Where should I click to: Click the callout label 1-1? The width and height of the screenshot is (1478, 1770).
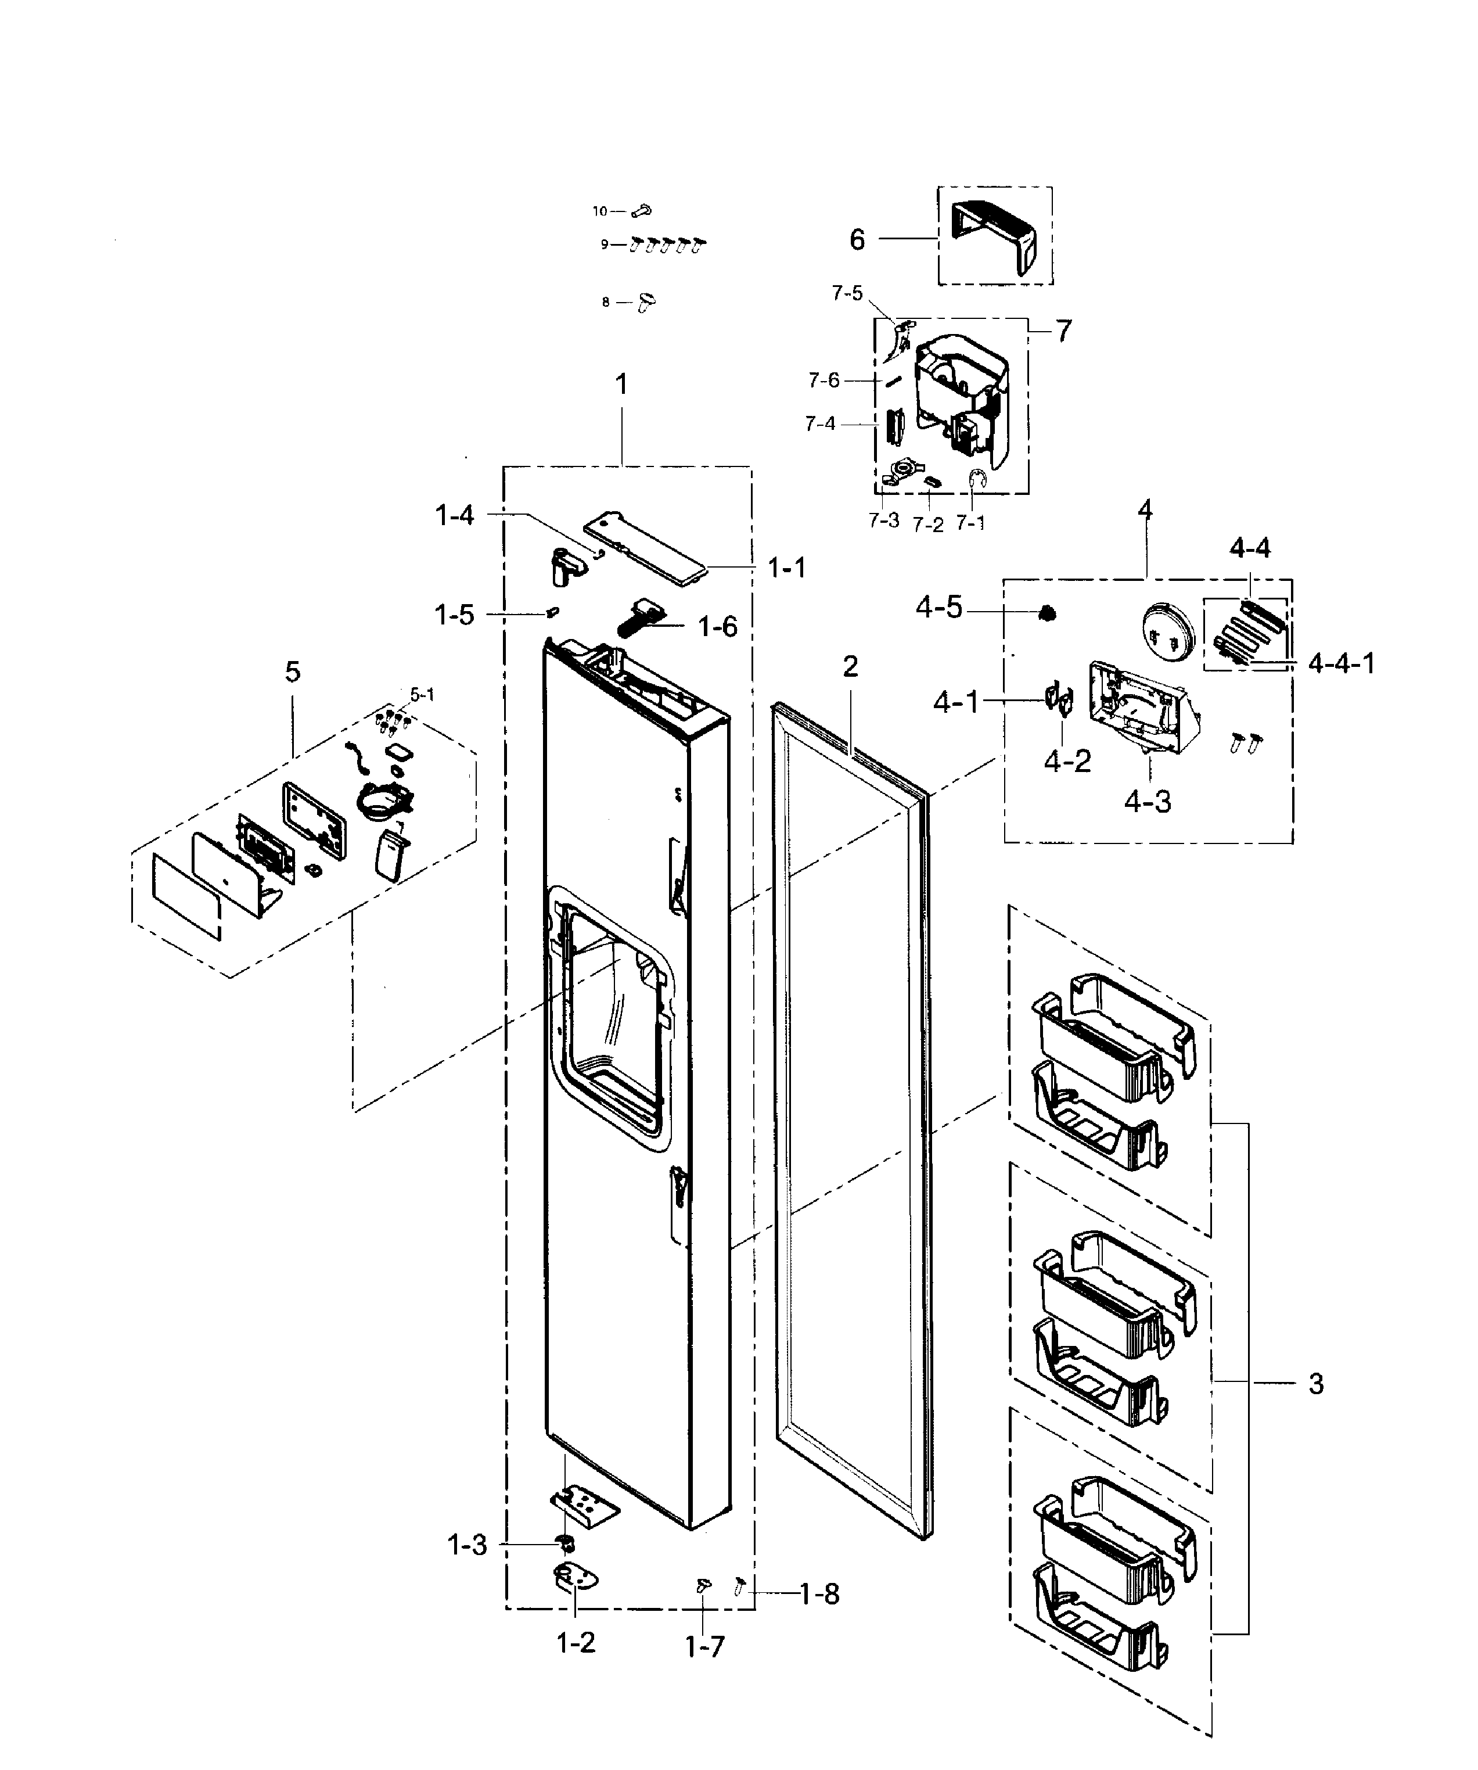click(x=786, y=568)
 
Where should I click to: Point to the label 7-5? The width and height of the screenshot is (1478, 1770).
click(x=847, y=293)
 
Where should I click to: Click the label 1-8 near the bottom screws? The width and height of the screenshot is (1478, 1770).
click(x=819, y=1594)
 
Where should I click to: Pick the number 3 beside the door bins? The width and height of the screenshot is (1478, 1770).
click(x=1316, y=1383)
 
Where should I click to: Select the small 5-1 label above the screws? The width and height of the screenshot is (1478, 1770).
click(x=422, y=695)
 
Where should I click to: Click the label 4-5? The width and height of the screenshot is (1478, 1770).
click(x=938, y=607)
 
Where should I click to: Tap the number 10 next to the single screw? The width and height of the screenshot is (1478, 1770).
click(x=599, y=211)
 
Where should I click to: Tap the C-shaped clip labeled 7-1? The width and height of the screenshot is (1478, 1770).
click(x=977, y=480)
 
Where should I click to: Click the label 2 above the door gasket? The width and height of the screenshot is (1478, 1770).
click(x=850, y=667)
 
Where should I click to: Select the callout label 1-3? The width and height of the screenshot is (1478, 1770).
click(x=467, y=1545)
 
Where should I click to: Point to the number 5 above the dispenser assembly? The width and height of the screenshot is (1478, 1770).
click(x=292, y=672)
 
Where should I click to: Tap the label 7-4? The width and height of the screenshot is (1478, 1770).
click(x=820, y=424)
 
